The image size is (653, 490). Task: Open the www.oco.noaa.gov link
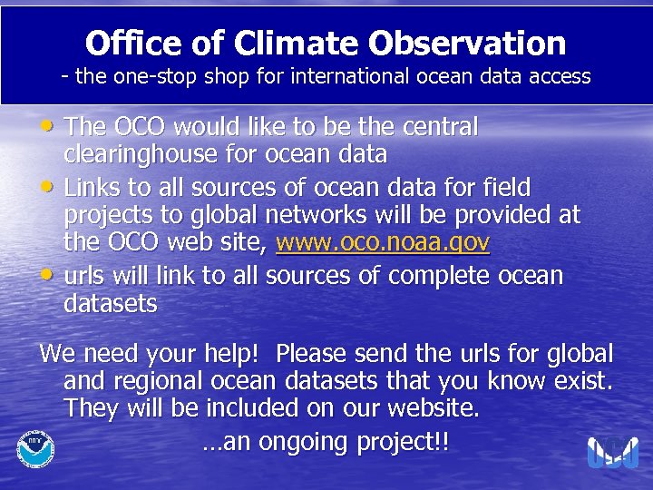[x=383, y=244]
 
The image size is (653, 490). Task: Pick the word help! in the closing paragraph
[x=229, y=352]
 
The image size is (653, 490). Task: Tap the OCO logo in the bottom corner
[x=613, y=452]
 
